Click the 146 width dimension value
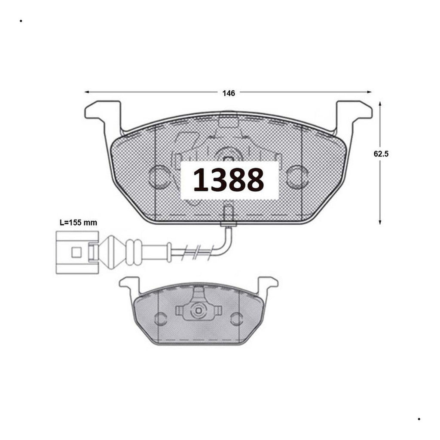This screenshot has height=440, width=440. (229, 93)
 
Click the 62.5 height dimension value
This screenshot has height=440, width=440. (381, 154)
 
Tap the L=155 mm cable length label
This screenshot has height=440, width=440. (78, 223)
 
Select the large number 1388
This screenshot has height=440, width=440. (229, 180)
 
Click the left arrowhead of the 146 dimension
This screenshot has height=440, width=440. (87, 92)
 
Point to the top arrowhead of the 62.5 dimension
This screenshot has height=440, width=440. (380, 104)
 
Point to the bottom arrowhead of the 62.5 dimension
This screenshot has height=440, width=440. (380, 222)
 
